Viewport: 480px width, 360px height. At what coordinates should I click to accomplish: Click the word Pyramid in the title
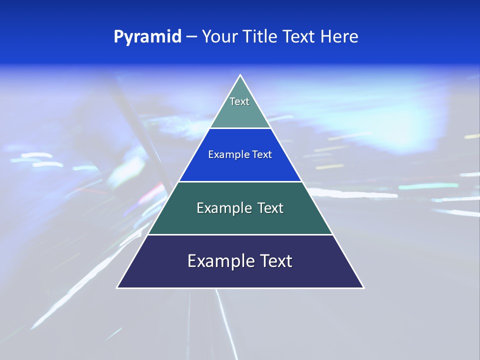[147, 37]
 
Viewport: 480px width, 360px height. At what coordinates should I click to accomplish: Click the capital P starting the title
[118, 37]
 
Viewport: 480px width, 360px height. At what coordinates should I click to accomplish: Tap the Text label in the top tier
[239, 101]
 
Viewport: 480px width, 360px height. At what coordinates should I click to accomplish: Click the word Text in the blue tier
[262, 154]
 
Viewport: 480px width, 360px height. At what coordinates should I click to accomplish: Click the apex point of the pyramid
[240, 75]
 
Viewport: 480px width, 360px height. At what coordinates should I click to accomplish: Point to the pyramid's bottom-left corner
[117, 287]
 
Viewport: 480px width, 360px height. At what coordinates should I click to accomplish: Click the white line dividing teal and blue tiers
[240, 128]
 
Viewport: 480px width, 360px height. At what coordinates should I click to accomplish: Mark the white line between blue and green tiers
[240, 181]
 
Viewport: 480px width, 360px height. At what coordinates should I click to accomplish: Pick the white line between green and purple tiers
[240, 234]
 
